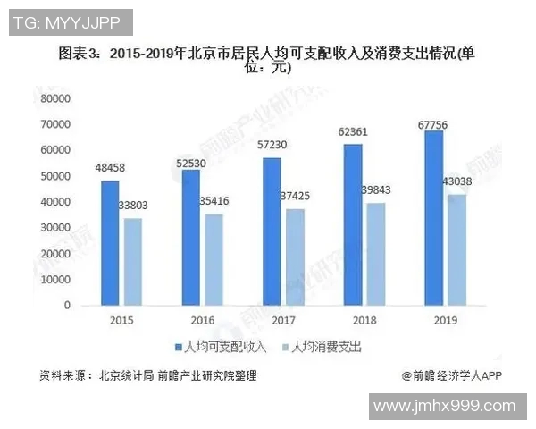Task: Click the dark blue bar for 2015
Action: pyautogui.click(x=109, y=242)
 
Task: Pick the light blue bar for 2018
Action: pyautogui.click(x=377, y=254)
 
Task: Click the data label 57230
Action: pyautogui.click(x=272, y=146)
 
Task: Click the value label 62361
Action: pyautogui.click(x=353, y=132)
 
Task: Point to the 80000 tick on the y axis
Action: pyautogui.click(x=54, y=98)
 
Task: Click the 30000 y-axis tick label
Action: pyautogui.click(x=54, y=228)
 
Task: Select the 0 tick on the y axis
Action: pyautogui.click(x=66, y=306)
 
